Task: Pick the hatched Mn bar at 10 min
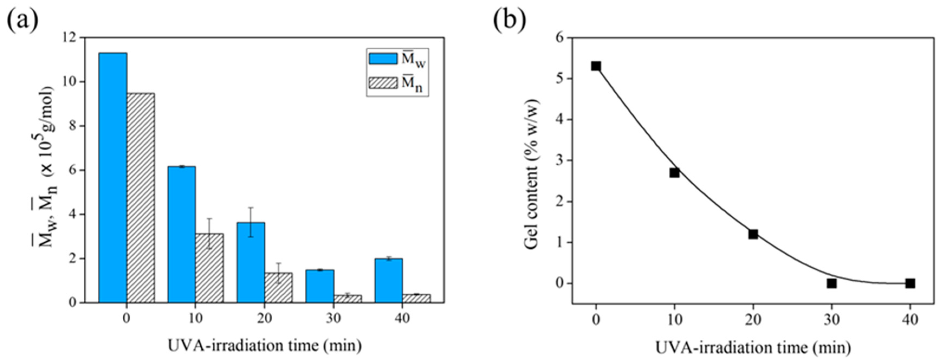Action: pos(209,268)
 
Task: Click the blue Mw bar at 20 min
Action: pos(251,262)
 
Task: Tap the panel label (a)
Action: pos(23,21)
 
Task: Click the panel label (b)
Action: pos(510,21)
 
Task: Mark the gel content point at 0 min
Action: pos(596,66)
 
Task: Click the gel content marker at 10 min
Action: pos(674,173)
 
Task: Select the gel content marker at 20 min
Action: pos(753,234)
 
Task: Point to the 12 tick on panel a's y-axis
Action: pos(70,38)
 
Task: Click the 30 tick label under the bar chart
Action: pos(333,318)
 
